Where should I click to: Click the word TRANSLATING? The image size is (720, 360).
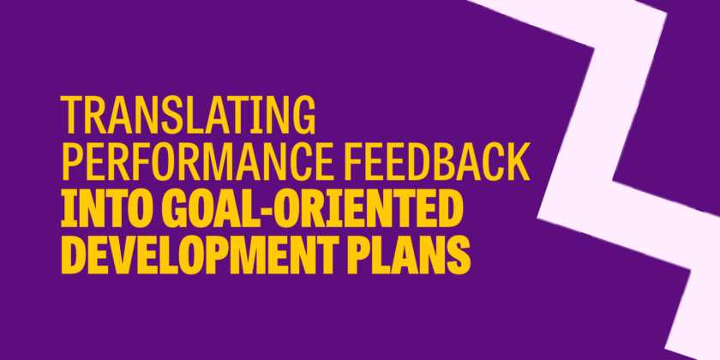(x=189, y=115)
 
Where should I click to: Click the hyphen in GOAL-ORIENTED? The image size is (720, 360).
(x=271, y=213)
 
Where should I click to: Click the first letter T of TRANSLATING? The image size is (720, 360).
(x=71, y=115)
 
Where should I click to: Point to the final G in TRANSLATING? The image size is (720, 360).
(x=304, y=115)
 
